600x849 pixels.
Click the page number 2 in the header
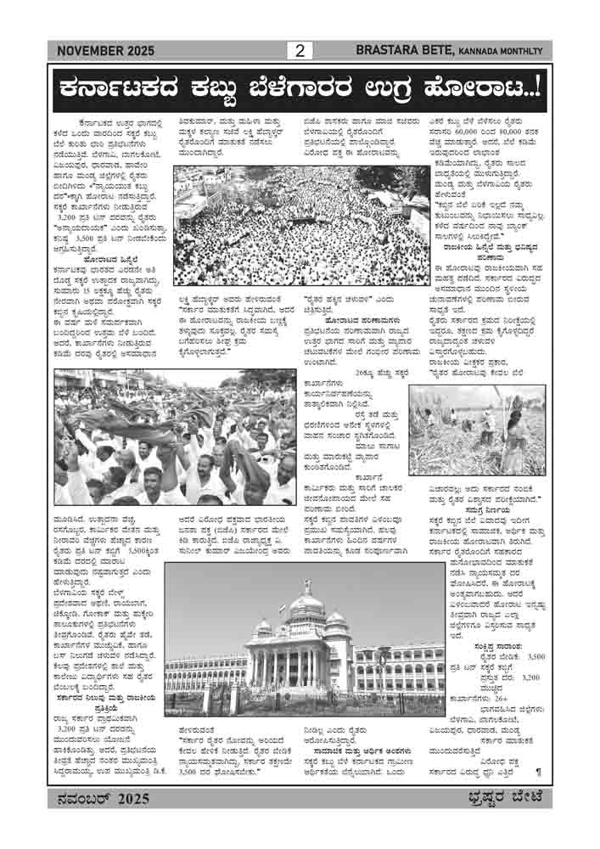point(299,51)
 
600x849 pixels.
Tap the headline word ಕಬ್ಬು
point(229,86)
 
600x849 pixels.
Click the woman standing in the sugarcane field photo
point(514,437)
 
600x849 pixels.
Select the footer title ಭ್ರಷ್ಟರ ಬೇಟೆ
point(505,798)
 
